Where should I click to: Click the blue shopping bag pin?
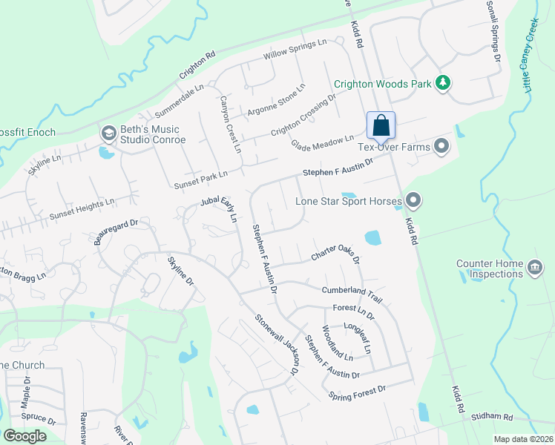click(381, 126)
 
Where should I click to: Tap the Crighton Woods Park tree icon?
click(443, 82)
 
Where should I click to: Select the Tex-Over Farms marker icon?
click(441, 145)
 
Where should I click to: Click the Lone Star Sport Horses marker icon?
click(413, 200)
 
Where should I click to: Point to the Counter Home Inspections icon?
click(533, 268)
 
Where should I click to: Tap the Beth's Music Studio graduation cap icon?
click(107, 132)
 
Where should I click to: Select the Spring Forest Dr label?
click(357, 392)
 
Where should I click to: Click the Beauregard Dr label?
click(116, 228)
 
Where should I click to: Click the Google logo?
click(24, 436)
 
